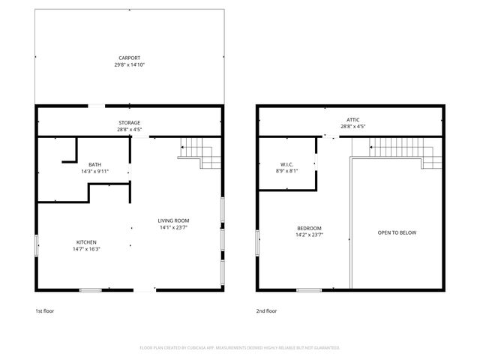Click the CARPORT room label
[129, 58]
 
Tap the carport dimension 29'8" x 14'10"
[129, 65]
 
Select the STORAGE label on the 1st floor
[129, 122]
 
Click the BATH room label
[94, 164]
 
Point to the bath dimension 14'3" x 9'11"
[94, 172]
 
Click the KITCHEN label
[86, 242]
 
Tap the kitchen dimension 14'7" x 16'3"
[86, 250]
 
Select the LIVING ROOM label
[172, 220]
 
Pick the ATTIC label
[352, 119]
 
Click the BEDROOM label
[309, 228]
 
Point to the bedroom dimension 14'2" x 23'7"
[309, 235]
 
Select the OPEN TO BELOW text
[396, 232]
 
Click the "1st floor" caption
[45, 310]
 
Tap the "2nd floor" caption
[267, 310]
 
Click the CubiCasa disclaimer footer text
[240, 348]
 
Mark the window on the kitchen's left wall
[36, 247]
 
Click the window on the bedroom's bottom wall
[309, 290]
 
